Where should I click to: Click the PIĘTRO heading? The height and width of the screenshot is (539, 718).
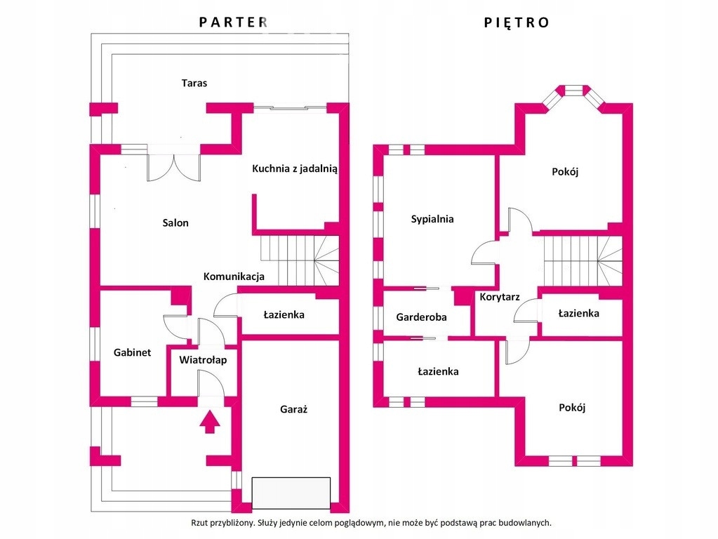pos(517,22)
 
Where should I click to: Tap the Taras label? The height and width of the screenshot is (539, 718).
pos(194,83)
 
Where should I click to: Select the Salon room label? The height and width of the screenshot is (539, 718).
pos(175,223)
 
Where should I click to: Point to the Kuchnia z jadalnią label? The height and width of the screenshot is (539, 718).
pos(295,168)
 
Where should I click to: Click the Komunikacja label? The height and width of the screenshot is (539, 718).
pos(234,277)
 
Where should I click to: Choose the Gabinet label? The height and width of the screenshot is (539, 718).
pos(132,353)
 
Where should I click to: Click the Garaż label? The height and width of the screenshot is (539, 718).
pos(294,409)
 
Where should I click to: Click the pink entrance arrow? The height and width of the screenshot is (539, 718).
pos(209,422)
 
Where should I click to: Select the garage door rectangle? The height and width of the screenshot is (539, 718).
pos(291,493)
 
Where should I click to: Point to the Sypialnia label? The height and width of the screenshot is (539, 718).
pos(432,219)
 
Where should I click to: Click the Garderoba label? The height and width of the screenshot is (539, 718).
pos(421,317)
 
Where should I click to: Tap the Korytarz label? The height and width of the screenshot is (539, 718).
pos(500,297)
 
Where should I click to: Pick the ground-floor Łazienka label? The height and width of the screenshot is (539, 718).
pos(284,315)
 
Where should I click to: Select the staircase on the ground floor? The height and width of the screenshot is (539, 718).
pos(300,260)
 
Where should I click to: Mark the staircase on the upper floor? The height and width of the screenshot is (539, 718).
pos(583,260)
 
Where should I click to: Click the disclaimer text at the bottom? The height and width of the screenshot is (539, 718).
pos(371,523)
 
